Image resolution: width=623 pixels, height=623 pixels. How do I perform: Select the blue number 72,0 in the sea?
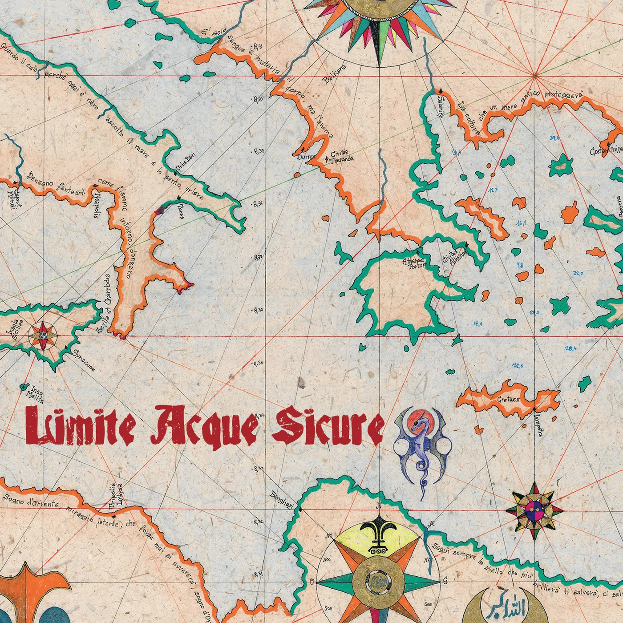click(518, 366)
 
